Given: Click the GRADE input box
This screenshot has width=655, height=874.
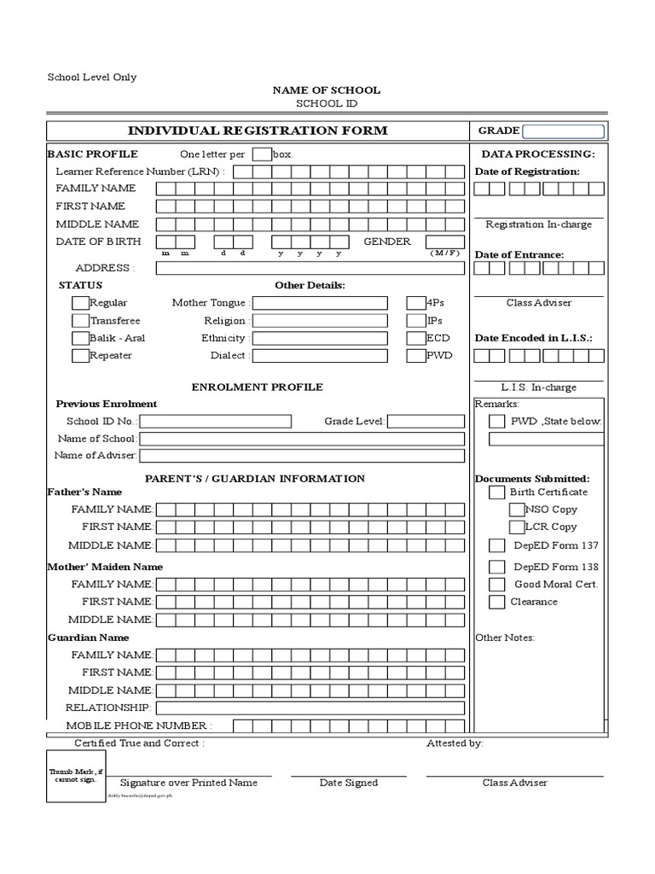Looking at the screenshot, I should coord(563,131).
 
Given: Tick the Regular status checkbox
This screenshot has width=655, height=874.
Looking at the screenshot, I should coord(80,303).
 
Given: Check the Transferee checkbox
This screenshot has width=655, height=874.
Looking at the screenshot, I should coord(80,321).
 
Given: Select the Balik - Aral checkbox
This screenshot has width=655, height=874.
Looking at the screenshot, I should coord(80,338).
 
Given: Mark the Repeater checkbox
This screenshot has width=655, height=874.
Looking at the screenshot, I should coord(80,356).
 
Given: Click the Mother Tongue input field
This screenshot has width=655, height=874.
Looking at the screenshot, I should coord(320,303).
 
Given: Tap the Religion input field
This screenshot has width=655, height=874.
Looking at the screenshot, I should coord(320,321).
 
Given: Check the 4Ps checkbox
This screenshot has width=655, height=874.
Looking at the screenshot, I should coord(415,303).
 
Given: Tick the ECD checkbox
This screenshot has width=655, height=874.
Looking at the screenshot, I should coord(415,338).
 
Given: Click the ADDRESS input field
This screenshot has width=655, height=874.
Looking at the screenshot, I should coord(310,268).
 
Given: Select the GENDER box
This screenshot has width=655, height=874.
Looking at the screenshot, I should coord(445,242).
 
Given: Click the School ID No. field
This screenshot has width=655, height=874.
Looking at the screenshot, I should coord(215,422).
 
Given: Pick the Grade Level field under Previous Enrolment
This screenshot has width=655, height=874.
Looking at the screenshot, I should coord(426,422).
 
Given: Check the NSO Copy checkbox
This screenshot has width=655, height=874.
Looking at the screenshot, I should coord(517,510).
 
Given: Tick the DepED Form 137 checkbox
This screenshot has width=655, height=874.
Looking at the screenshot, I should coord(496,545).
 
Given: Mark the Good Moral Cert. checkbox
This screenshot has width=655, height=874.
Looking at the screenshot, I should coord(496,585).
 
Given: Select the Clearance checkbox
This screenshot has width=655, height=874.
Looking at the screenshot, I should coord(496,603).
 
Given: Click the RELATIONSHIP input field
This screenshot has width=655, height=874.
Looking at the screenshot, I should coord(310,708).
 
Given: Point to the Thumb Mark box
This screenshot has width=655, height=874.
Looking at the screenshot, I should coord(76,776).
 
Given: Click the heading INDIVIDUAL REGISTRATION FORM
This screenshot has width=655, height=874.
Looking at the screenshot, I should coord(258,131).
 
